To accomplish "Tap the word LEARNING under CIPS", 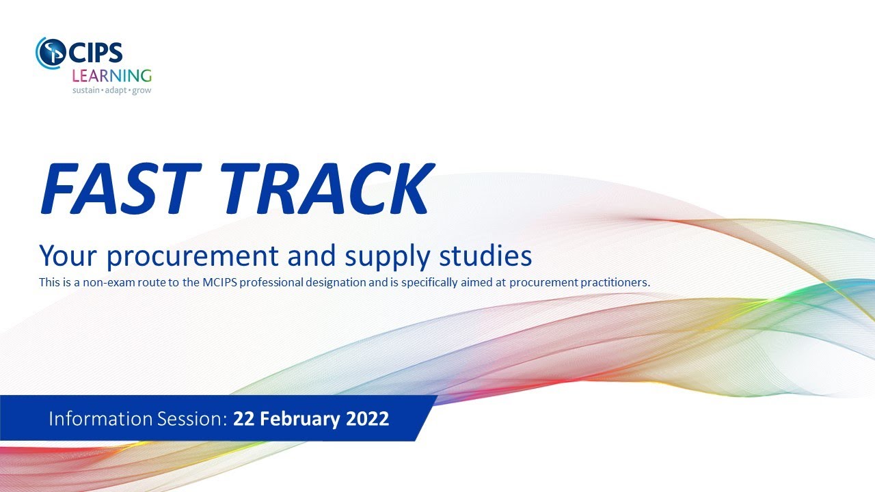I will (111, 74).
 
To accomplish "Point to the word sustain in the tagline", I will (86, 90).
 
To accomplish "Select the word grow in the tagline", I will (142, 90).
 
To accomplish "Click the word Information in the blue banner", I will (93, 418).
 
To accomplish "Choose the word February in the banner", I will (295, 418).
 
